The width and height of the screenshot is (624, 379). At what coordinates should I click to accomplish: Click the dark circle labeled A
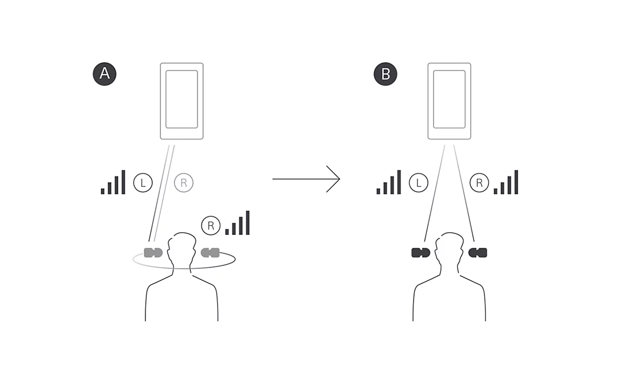coord(104,74)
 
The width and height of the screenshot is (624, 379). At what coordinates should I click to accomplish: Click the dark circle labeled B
coord(385,74)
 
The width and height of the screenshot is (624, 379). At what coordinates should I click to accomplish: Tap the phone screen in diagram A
coord(182,99)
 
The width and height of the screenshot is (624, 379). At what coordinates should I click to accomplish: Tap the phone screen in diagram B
coord(449,99)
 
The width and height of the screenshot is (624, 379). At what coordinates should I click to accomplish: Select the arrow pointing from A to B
coord(306,179)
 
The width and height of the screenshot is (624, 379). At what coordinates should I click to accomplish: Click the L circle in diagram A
coord(143,183)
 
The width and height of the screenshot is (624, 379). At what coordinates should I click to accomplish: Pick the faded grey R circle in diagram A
coord(184,183)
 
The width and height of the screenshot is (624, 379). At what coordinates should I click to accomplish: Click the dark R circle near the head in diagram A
coord(211,225)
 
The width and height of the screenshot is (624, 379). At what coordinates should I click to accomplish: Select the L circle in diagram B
coord(419,183)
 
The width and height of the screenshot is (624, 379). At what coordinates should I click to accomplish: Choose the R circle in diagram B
coord(479,183)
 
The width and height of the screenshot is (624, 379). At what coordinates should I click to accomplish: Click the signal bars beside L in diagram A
coord(113,182)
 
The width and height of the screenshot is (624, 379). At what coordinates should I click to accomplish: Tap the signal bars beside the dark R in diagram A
coord(237,223)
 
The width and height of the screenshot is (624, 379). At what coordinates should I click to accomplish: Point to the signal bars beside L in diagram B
coord(389,182)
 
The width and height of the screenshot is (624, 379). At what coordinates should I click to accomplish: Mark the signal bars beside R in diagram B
coord(506,182)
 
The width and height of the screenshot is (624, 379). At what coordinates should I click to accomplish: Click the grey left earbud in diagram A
coord(153,253)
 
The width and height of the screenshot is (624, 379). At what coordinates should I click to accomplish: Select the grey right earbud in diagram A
coord(210,253)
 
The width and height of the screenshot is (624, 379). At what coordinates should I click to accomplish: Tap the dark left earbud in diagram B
coord(421,253)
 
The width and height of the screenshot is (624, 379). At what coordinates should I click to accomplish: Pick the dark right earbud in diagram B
coord(478,253)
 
